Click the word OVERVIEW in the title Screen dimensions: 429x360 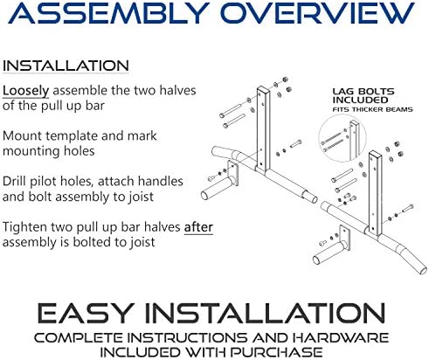pos(319,13)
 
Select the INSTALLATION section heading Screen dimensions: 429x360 pos(66,66)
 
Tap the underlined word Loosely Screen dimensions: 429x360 pos(25,91)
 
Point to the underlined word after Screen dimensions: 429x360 pos(198,227)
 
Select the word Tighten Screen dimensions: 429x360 pos(25,227)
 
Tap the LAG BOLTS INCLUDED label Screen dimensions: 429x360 pos(363,96)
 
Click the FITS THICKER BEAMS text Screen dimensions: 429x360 pos(372,109)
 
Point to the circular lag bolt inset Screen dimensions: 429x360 pos(343,138)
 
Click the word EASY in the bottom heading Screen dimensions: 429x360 pos(86,313)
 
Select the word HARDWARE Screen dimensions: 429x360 pos(341,338)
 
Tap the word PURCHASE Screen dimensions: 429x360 pos(277,352)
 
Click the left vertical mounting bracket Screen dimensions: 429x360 pos(263,129)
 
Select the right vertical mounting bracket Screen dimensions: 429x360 pos(375,194)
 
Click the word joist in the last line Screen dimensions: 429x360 pos(143,242)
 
